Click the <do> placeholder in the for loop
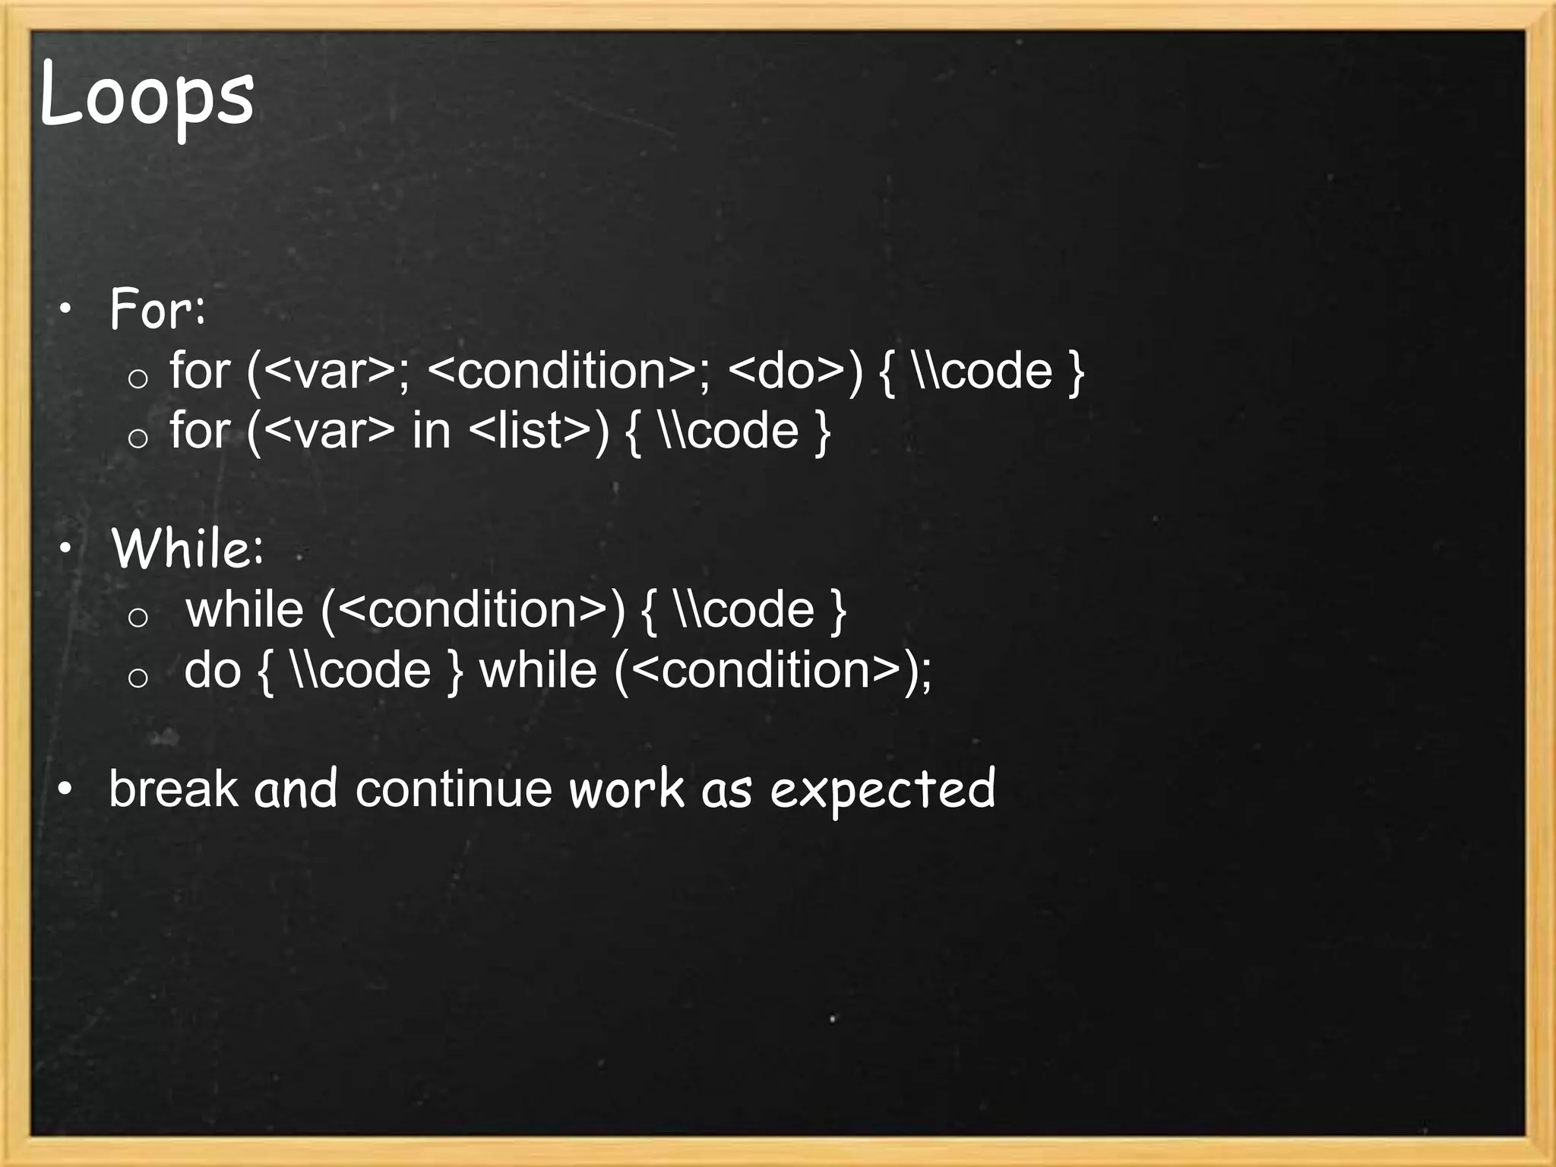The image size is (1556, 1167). click(x=786, y=372)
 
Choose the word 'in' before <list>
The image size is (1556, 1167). click(x=432, y=431)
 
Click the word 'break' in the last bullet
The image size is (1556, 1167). click(x=173, y=789)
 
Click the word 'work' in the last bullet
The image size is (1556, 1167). click(x=626, y=789)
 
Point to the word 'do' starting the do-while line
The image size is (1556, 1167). click(x=212, y=670)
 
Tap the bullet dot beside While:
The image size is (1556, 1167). click(x=66, y=548)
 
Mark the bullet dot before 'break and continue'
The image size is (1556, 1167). click(x=66, y=789)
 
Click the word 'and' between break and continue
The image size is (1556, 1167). click(x=296, y=789)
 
